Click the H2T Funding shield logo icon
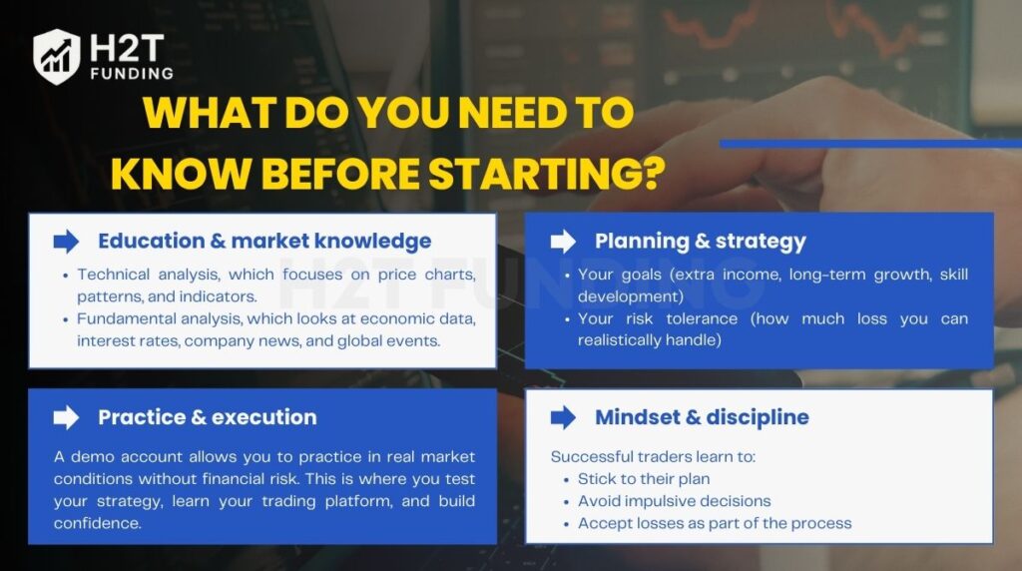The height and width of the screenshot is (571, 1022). (x=57, y=56)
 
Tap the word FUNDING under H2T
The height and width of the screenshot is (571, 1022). (x=130, y=73)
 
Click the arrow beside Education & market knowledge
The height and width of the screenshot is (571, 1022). (x=66, y=241)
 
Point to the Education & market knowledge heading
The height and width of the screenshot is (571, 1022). (x=264, y=241)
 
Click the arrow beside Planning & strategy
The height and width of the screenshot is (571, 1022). (x=563, y=241)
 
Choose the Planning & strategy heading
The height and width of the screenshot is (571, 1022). (x=700, y=241)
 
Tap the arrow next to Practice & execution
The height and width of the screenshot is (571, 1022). (x=66, y=417)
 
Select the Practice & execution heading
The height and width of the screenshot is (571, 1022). (x=207, y=417)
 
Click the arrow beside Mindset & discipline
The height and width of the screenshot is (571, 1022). (x=563, y=417)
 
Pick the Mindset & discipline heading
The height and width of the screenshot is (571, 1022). (x=702, y=417)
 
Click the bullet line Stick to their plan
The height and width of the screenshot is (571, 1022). (x=644, y=479)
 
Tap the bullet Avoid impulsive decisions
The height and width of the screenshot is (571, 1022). (x=674, y=501)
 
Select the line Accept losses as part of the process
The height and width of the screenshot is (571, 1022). (x=715, y=523)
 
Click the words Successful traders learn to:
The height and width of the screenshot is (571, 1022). (x=653, y=456)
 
